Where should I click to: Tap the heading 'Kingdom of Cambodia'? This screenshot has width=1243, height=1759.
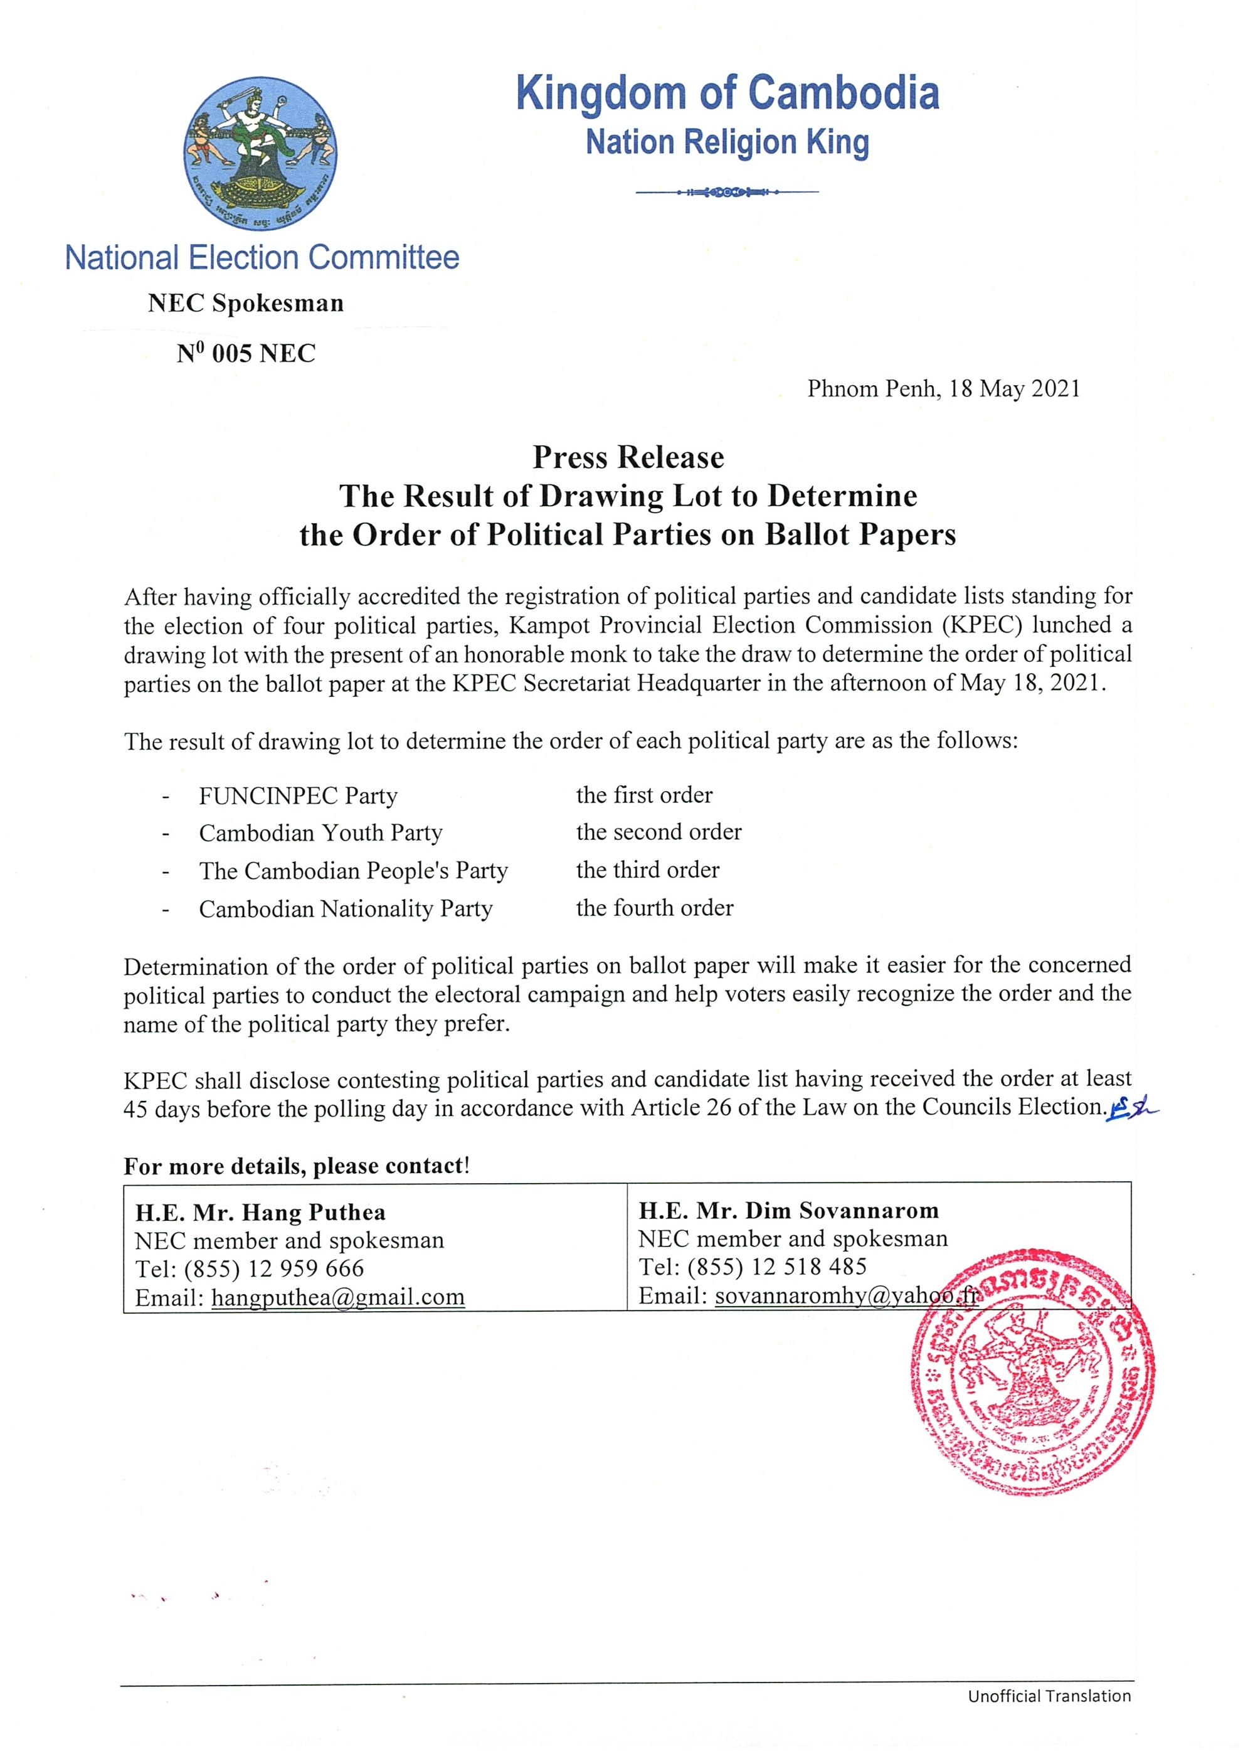click(x=727, y=93)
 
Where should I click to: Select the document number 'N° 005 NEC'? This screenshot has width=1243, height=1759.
click(x=246, y=354)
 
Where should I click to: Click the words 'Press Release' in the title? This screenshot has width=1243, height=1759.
click(x=628, y=457)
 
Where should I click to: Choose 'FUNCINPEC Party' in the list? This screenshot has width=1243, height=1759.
click(x=298, y=796)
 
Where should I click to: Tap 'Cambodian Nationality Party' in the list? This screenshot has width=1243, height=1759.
click(x=346, y=908)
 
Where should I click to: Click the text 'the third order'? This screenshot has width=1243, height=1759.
click(x=647, y=870)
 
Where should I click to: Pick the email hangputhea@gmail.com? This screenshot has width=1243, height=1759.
click(x=338, y=1297)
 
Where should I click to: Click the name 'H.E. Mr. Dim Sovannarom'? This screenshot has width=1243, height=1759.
click(x=788, y=1211)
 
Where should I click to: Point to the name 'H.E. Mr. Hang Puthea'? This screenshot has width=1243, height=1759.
click(x=260, y=1213)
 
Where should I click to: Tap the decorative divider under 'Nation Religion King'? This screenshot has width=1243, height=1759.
click(x=727, y=193)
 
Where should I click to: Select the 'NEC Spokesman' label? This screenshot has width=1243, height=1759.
click(x=246, y=304)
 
